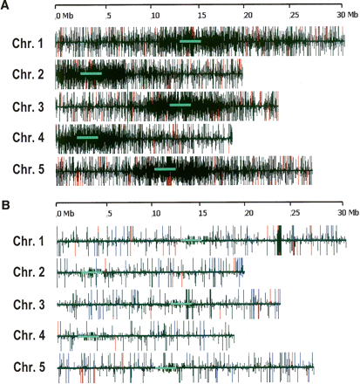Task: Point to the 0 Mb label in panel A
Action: [65, 15]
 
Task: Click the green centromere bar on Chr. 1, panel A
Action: [189, 41]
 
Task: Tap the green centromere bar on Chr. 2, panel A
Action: [91, 73]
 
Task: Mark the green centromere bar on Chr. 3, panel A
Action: [180, 106]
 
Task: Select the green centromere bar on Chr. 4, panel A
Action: [87, 137]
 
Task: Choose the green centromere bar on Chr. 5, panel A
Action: [164, 169]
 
